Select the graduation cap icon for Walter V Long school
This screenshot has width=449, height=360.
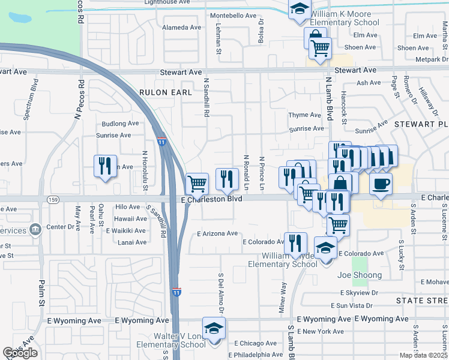(x=213, y=328)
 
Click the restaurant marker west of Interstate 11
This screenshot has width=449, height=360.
(x=105, y=166)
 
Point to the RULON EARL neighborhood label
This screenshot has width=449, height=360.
(x=166, y=92)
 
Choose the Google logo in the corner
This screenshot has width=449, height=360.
(x=20, y=353)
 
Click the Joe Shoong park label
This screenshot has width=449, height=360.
(x=360, y=275)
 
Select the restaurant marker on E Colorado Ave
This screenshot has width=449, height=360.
(x=295, y=244)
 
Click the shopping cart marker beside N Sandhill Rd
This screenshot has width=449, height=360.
(x=197, y=183)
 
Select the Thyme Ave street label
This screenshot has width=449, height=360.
(x=305, y=115)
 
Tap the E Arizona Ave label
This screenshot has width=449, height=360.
(x=217, y=233)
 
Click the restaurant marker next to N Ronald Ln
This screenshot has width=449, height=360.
(x=227, y=178)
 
